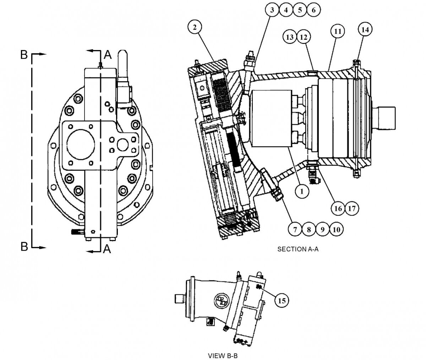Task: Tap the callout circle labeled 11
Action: tap(337, 31)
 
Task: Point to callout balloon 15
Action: tap(282, 301)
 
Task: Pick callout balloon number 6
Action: tap(313, 10)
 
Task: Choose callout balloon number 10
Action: tap(337, 229)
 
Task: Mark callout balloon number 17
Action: tap(351, 208)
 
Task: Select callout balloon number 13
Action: tap(290, 37)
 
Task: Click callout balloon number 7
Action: tap(295, 229)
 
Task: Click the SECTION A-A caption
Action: tap(298, 249)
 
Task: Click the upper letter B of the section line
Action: tap(24, 55)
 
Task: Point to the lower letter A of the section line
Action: tap(107, 250)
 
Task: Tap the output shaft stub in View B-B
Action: tap(179, 298)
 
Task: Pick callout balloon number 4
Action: tap(285, 10)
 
